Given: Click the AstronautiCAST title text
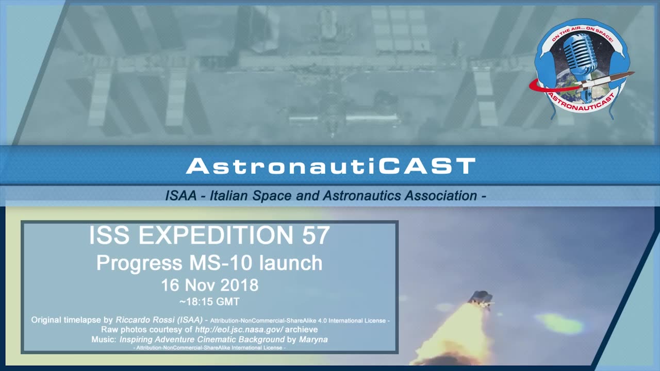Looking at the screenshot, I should [x=330, y=166].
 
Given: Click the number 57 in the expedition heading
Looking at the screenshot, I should [x=313, y=235].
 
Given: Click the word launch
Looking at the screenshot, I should [x=291, y=263].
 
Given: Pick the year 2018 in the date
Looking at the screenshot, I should [x=239, y=285].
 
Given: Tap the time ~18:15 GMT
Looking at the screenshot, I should [x=209, y=302].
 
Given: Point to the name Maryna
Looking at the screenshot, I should [x=313, y=339].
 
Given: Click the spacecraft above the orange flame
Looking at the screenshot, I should [x=481, y=299].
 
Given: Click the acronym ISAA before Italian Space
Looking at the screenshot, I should [x=180, y=196].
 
